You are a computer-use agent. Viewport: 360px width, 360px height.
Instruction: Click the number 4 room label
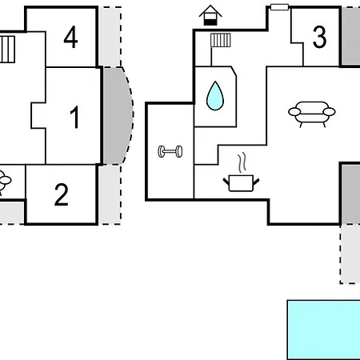pos(70,37)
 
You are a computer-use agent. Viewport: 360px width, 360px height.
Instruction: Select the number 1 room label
pos(75,117)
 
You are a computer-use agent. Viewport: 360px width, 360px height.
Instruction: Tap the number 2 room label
pos(62,194)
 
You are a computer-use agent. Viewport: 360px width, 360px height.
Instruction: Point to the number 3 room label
pos(319,37)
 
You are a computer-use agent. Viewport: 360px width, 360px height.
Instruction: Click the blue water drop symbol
pos(215,96)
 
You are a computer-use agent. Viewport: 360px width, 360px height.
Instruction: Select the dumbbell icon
pos(170,151)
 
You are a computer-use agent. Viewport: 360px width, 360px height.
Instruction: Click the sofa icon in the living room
pos(312,114)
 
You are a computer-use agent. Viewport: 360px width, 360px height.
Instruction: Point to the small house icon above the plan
pos(210,15)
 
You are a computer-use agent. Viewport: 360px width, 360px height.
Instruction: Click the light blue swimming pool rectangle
pos(324,330)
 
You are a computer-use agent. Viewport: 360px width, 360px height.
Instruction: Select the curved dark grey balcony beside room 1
pos(118,115)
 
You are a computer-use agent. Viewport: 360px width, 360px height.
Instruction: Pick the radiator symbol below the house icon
pos(221,40)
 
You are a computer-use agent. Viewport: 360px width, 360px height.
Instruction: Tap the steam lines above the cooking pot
pos(242,162)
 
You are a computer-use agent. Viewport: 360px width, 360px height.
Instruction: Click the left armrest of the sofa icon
pos(294,111)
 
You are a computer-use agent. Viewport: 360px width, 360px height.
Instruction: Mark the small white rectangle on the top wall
pos(279,7)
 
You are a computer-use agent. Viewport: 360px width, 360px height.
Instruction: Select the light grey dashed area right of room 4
pos(110,37)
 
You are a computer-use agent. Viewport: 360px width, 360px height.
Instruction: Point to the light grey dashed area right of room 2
pos(110,194)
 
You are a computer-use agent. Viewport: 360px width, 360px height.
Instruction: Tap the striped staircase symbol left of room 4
pos(7,50)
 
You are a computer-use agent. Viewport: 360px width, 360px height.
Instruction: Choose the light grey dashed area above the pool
pos(350,254)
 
